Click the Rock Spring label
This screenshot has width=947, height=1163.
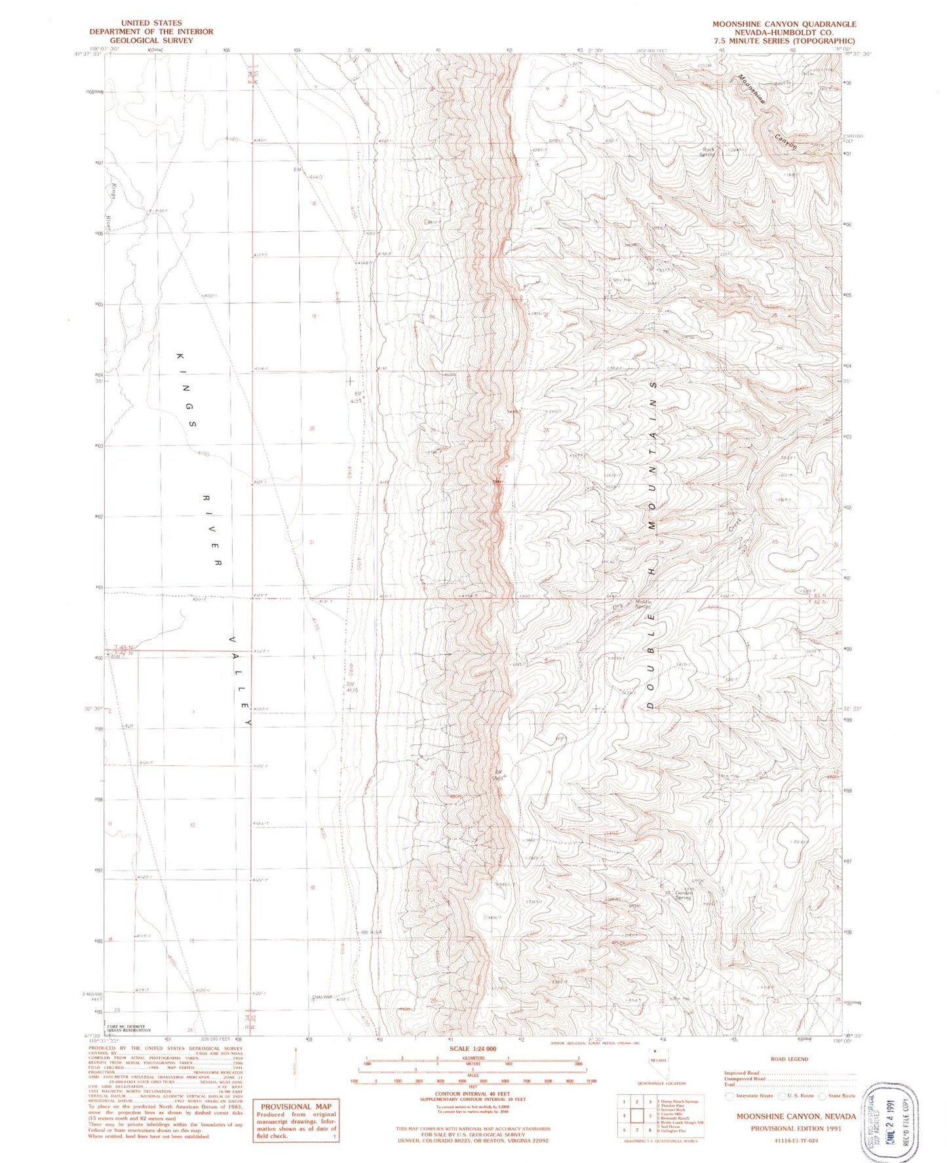[706, 151]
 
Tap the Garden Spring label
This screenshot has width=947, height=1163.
[684, 895]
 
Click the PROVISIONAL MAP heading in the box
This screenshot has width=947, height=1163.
[296, 1106]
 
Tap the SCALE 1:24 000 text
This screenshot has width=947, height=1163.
[472, 1049]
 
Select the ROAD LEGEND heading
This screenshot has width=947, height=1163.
[790, 1059]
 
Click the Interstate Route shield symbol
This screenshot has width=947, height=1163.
[729, 1096]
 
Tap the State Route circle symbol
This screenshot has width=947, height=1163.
[823, 1096]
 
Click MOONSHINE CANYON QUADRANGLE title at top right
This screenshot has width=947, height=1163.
[784, 24]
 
